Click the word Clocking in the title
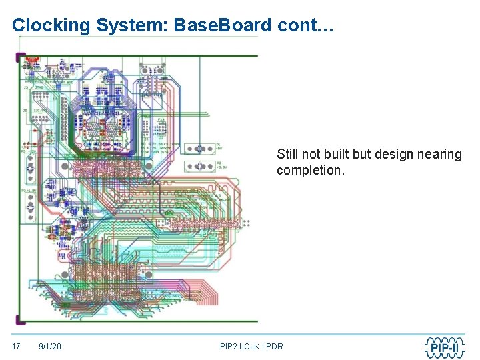pos(50,25)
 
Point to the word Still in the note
pos(288,154)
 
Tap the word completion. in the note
pos(311,170)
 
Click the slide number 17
pos(17,346)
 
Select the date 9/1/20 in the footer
pos(50,346)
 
